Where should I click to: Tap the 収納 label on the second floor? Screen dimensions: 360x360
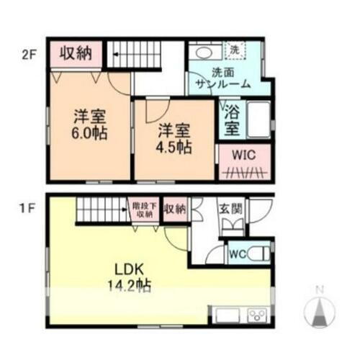74,53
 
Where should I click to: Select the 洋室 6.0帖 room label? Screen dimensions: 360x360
89,124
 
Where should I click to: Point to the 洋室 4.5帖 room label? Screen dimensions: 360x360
174,138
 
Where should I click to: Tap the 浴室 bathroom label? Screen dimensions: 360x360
231,119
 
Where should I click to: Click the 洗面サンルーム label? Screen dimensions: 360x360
221,78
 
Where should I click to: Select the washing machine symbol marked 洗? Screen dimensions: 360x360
235,50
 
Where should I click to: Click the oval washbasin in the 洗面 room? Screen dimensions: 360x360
204,53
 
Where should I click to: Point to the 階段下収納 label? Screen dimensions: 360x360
144,209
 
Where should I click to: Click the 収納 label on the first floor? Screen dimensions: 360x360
174,210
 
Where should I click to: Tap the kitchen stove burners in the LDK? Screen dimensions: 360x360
256,314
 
